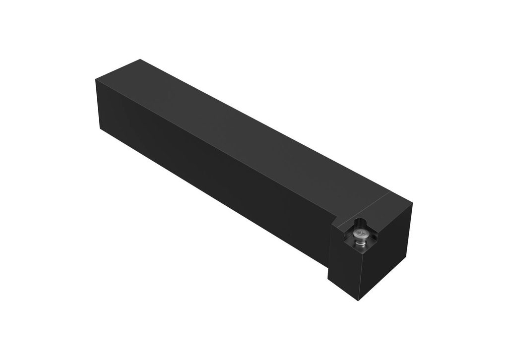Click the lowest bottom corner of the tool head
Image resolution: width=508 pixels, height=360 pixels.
(358, 300)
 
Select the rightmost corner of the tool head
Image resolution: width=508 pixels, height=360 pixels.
(412, 203)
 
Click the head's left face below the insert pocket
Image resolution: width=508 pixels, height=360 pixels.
(342, 268)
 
